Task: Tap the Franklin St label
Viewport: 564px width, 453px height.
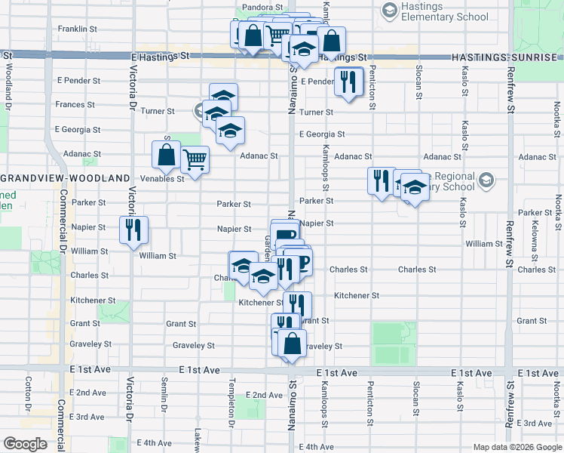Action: tap(78, 29)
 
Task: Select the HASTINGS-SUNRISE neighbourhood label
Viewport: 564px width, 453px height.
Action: tap(507, 57)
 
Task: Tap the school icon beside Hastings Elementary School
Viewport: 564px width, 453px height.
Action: tap(389, 10)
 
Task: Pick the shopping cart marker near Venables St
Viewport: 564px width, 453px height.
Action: tap(195, 159)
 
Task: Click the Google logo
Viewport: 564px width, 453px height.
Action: tap(25, 443)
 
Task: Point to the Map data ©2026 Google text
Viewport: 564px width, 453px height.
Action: tap(516, 447)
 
